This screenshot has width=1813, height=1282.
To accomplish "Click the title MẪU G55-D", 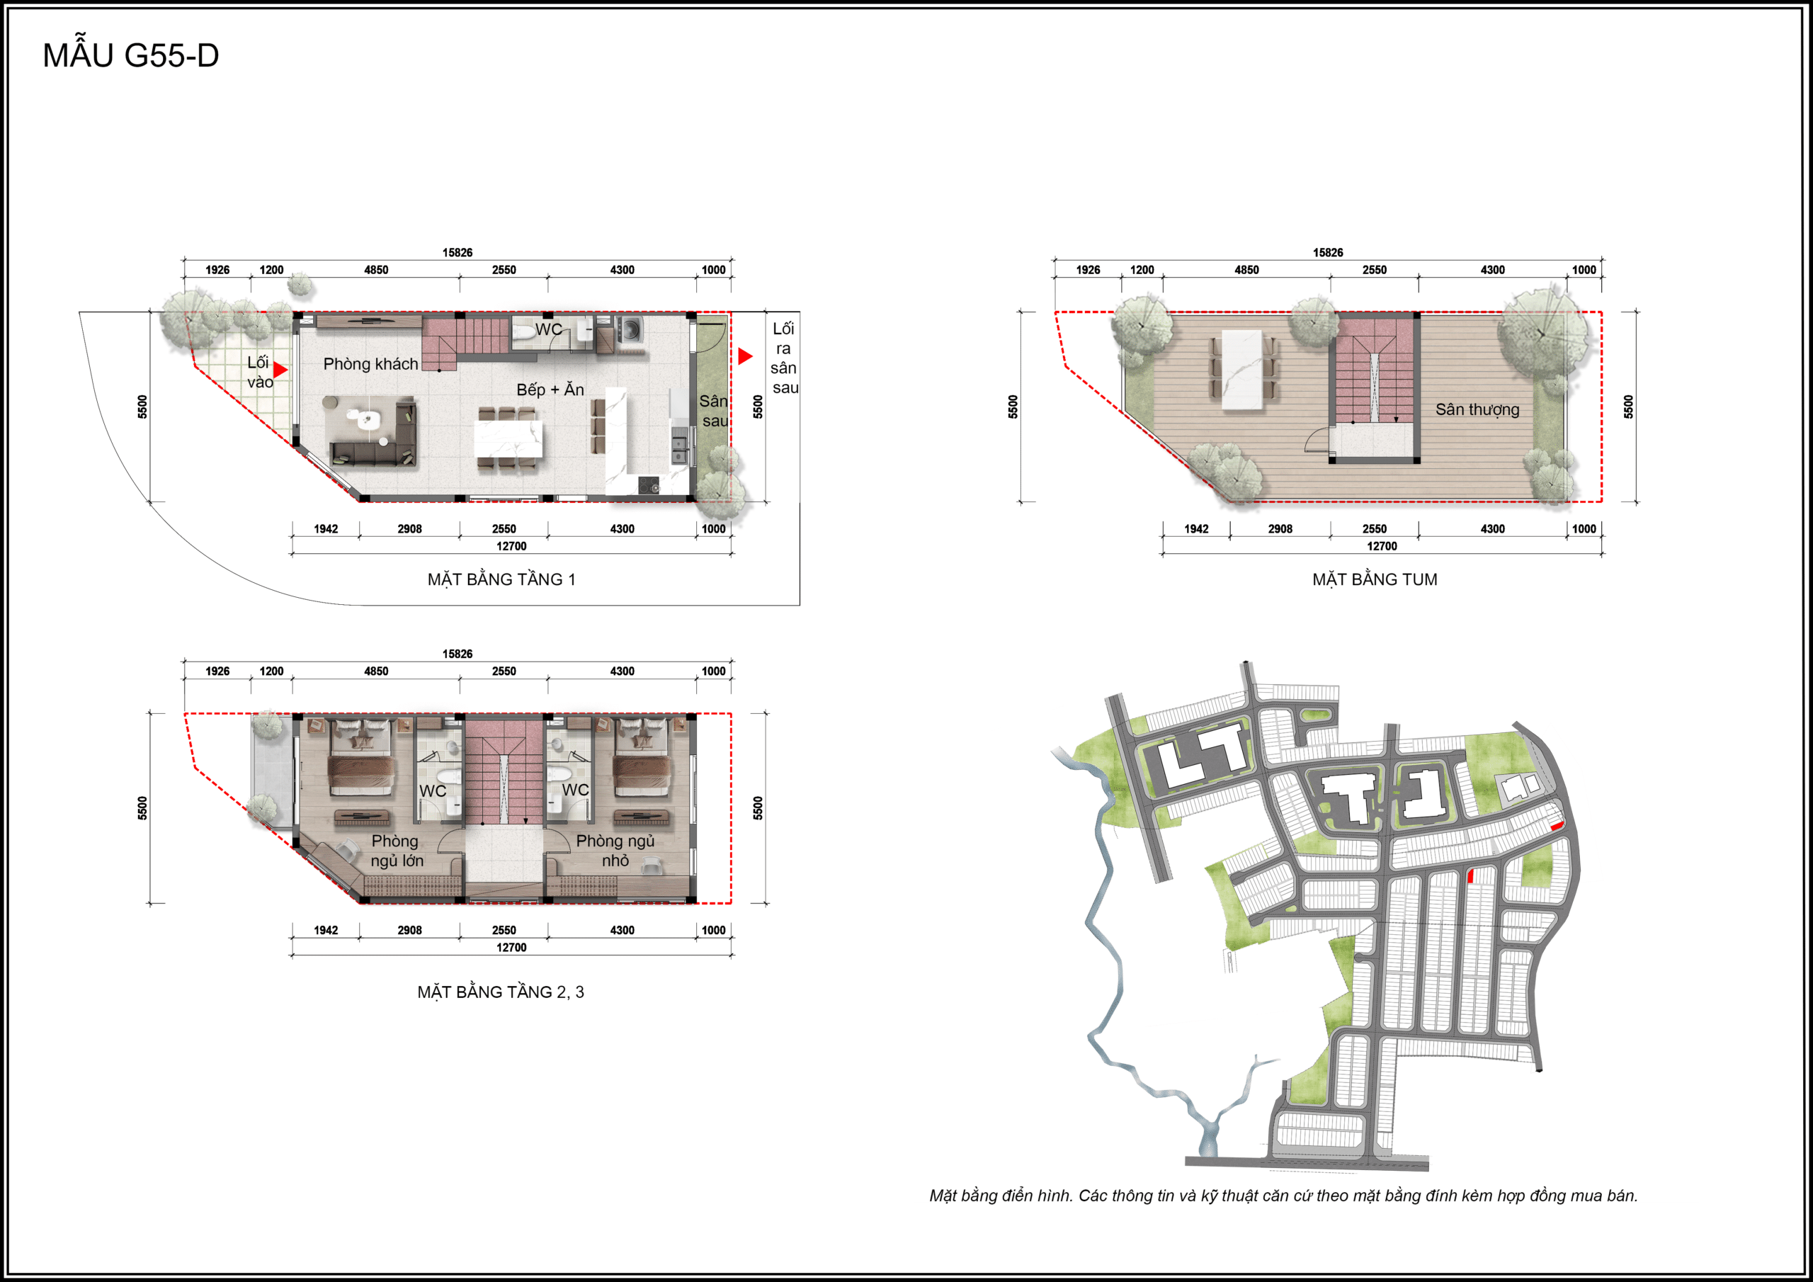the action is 131,55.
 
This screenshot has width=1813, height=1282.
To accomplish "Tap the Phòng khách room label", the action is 370,363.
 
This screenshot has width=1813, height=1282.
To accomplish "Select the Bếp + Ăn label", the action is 550,390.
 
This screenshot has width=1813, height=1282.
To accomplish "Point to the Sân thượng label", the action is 1477,409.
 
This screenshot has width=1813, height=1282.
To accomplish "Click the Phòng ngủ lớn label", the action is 397,851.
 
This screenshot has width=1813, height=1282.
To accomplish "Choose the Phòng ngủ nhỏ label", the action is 615,851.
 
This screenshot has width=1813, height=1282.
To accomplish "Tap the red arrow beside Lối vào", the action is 280,370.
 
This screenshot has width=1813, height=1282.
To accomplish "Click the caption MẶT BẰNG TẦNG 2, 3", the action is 501,992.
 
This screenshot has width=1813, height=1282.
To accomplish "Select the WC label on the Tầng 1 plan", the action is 549,329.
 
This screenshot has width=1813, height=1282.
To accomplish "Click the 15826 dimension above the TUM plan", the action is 1327,253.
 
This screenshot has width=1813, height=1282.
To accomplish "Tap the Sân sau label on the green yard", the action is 714,411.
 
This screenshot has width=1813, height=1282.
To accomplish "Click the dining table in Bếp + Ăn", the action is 508,439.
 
